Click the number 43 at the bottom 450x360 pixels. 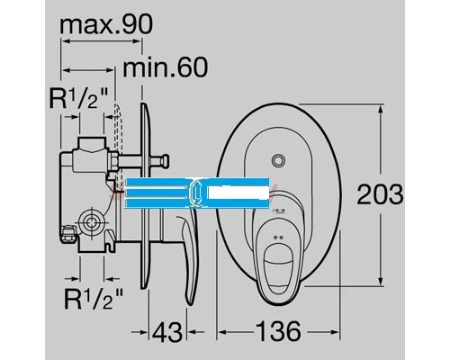[x=165, y=331]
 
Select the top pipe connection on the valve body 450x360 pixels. [x=90, y=144]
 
